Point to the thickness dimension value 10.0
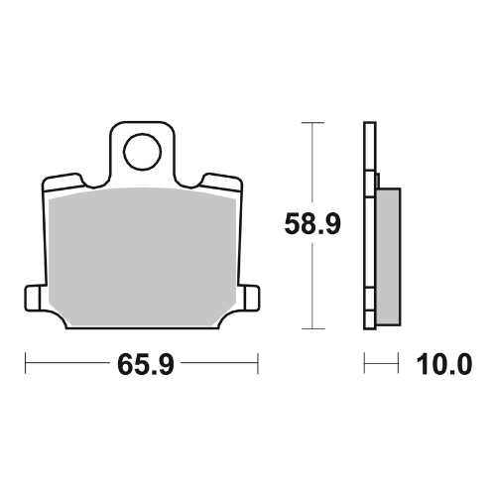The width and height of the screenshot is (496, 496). pyautogui.click(x=434, y=365)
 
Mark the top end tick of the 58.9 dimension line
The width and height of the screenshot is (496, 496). pyautogui.click(x=312, y=122)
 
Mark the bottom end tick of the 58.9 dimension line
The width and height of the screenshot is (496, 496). pyautogui.click(x=312, y=328)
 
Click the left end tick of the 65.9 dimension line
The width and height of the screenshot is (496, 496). pyautogui.click(x=26, y=364)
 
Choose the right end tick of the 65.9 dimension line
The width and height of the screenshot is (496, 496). pyautogui.click(x=258, y=364)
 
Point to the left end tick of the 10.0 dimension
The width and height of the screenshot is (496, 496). pyautogui.click(x=366, y=364)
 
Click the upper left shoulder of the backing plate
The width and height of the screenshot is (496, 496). pyautogui.click(x=63, y=182)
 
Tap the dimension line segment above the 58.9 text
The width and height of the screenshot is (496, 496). pyautogui.click(x=312, y=164)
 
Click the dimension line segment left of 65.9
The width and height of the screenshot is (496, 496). pyautogui.click(x=64, y=364)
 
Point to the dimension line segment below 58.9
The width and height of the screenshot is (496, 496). pyautogui.click(x=312, y=288)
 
